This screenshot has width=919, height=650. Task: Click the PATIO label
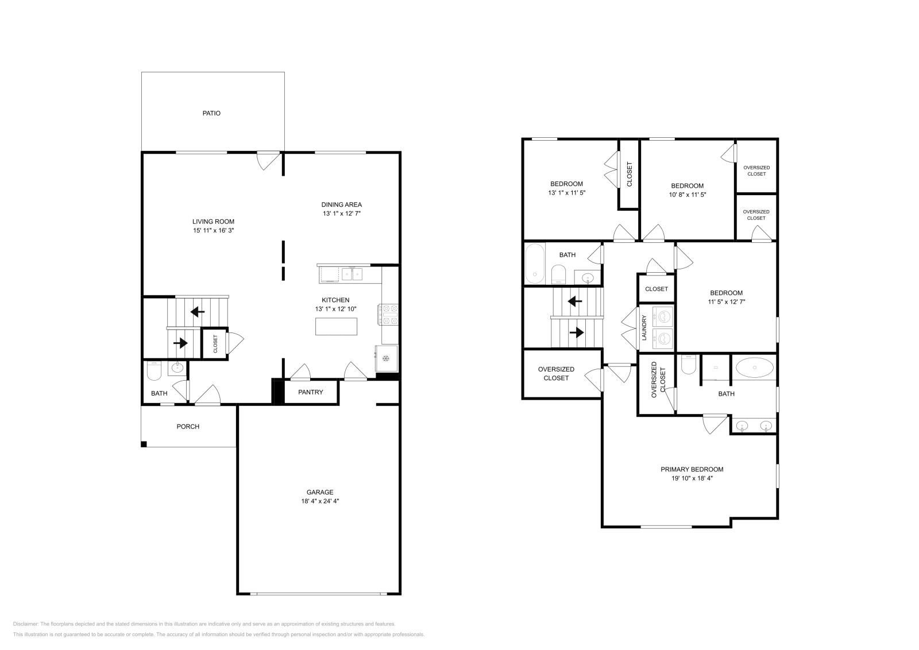coord(211,113)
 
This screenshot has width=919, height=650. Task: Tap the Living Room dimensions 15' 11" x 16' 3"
coord(213,230)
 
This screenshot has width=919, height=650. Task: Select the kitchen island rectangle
coord(336,326)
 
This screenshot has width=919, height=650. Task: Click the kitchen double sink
coord(352,274)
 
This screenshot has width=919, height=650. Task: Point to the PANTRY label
coord(311,392)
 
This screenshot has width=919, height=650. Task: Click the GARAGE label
coord(319,492)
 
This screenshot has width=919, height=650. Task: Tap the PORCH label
coord(188,427)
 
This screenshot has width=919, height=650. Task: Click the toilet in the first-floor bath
coord(153,372)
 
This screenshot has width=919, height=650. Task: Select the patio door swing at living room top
coord(268,160)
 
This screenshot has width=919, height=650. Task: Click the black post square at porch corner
coord(144,444)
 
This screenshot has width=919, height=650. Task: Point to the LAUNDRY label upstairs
coord(644,328)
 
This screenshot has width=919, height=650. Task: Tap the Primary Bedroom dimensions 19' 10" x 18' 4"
coord(692,478)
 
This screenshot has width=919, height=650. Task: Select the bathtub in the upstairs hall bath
coord(535,264)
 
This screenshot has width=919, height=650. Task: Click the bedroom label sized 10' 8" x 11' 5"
coord(688,186)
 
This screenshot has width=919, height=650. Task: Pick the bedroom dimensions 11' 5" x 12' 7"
coord(726,301)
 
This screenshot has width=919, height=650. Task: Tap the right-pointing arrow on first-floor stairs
coord(180,343)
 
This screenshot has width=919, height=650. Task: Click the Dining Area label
coord(341,204)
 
